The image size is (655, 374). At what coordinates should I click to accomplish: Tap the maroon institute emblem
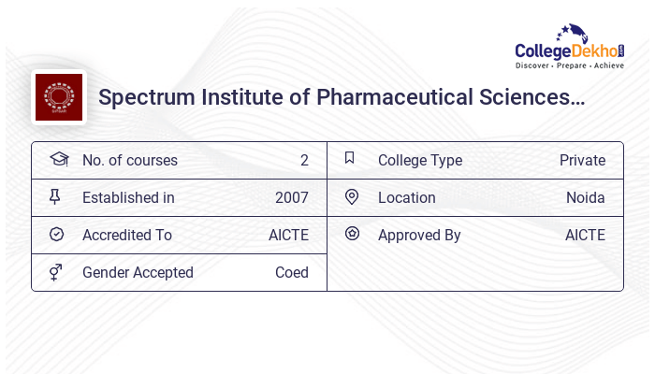(58, 97)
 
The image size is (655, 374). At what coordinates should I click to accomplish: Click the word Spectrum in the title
(145, 97)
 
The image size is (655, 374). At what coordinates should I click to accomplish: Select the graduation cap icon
(58, 160)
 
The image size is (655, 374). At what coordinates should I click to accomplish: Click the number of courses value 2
(304, 160)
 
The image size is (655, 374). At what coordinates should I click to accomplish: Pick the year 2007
(292, 197)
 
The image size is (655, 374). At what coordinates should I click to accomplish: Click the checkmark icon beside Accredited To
(57, 235)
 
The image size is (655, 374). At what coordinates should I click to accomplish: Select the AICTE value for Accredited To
(288, 235)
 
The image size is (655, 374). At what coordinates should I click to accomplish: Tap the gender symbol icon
(57, 272)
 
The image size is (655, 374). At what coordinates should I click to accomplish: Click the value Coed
(291, 272)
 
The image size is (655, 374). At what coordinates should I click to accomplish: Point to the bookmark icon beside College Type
(350, 159)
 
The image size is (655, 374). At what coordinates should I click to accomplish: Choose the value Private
(582, 160)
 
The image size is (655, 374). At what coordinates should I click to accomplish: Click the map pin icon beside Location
(351, 196)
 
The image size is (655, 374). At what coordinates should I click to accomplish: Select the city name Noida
(585, 197)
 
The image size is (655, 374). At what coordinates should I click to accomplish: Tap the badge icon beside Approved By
(351, 234)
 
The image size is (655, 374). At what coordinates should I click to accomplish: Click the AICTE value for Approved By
(585, 235)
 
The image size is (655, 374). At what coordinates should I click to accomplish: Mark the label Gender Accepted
(138, 272)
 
